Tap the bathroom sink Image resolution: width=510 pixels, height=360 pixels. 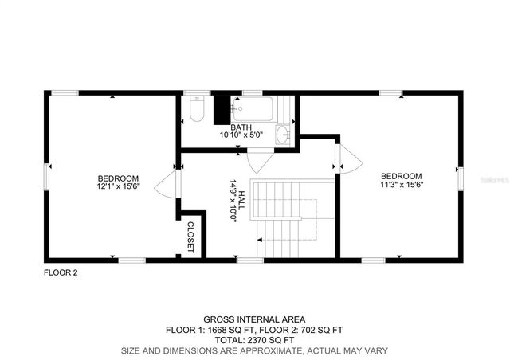(x=284, y=135)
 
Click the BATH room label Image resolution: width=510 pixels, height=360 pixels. (x=241, y=127)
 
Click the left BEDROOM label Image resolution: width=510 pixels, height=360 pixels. (x=119, y=178)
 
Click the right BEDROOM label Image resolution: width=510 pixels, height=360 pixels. (x=401, y=176)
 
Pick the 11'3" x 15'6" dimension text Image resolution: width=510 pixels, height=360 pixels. (x=401, y=184)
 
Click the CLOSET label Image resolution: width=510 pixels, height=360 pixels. (x=191, y=237)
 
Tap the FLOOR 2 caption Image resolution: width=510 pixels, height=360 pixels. (x=61, y=272)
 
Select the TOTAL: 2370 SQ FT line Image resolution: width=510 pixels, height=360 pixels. (x=253, y=340)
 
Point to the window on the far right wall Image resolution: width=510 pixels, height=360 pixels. (x=460, y=178)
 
